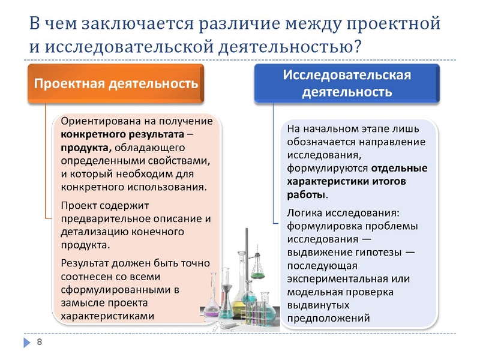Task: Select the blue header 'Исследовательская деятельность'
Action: click(347, 83)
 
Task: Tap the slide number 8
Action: click(40, 342)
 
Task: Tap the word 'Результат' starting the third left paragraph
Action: click(85, 263)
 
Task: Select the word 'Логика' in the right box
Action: click(304, 213)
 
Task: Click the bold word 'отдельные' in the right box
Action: click(400, 168)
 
